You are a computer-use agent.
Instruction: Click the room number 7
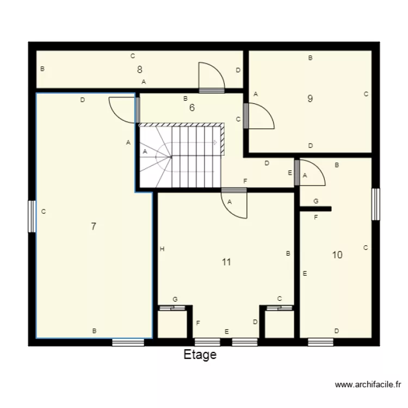click(x=94, y=227)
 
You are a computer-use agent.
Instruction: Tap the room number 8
click(x=140, y=70)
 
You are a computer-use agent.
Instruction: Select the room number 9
click(x=310, y=99)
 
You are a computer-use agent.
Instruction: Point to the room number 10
click(x=337, y=255)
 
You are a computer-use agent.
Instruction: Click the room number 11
click(x=226, y=262)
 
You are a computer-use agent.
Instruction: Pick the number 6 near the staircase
click(x=191, y=108)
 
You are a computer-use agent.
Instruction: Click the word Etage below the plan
click(x=200, y=355)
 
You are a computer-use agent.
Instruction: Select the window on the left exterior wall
click(x=32, y=217)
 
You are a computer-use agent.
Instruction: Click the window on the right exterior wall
click(x=375, y=204)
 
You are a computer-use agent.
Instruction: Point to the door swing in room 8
click(x=211, y=76)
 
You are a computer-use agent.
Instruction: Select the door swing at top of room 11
click(x=235, y=205)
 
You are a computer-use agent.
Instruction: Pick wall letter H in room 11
click(x=162, y=249)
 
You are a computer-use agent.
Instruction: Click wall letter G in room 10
click(x=316, y=201)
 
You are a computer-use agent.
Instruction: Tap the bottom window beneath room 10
click(x=320, y=342)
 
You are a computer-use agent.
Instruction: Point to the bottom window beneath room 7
click(x=128, y=342)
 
